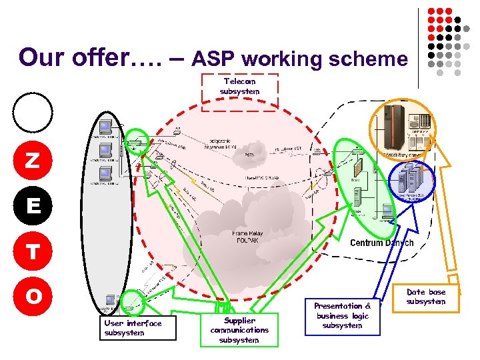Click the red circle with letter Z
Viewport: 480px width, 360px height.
pos(31,161)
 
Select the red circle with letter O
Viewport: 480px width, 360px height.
pos(31,295)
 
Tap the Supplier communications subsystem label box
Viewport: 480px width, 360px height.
pos(239,329)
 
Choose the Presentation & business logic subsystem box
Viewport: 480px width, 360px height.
pos(341,315)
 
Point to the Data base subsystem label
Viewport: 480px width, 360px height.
pos(425,297)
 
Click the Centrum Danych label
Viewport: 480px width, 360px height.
pos(381,243)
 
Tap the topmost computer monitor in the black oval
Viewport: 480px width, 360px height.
pos(105,127)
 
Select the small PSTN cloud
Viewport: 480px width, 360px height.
pos(249,153)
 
